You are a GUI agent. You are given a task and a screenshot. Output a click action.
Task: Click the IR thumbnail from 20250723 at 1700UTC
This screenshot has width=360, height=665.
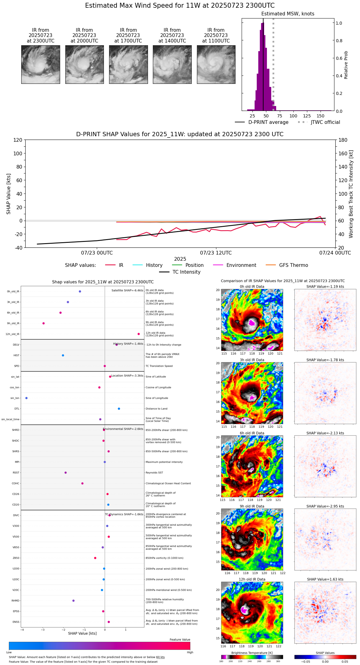click(x=128, y=64)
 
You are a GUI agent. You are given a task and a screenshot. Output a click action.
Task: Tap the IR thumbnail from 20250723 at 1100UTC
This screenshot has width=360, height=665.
click(x=216, y=64)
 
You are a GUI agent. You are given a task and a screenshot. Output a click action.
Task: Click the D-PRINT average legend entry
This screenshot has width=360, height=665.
click(x=262, y=122)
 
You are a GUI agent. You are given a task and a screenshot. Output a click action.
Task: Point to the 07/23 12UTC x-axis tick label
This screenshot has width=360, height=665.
click(x=216, y=253)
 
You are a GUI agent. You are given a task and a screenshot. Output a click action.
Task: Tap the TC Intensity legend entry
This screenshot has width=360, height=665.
click(x=180, y=272)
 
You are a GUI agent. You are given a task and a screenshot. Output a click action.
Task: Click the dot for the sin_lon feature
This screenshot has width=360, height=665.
click(x=27, y=398)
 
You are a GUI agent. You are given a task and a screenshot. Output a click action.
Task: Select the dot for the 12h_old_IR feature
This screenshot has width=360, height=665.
click(x=139, y=334)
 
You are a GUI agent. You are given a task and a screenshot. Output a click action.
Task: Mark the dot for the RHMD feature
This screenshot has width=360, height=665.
click(x=73, y=601)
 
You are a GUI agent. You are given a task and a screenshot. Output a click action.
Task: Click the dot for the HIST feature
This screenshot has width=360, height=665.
click(x=63, y=355)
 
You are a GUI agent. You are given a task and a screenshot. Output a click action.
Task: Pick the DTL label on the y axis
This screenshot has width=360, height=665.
click(x=17, y=409)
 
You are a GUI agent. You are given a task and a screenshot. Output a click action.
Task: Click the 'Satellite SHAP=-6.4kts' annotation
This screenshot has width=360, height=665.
click(x=127, y=291)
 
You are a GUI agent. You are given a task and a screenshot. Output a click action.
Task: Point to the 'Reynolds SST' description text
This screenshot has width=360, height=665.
click(x=154, y=473)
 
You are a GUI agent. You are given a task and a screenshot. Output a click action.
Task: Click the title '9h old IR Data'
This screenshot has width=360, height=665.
click(x=252, y=506)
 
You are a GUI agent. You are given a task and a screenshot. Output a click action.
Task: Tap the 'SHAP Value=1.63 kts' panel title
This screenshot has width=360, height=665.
click(x=325, y=579)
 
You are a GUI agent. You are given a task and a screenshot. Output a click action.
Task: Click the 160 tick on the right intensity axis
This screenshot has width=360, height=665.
click(x=343, y=153)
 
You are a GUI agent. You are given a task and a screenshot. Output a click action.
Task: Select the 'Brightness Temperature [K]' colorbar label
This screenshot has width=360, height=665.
click(x=252, y=653)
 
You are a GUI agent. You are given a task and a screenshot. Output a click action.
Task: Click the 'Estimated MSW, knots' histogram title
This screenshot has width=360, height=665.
click(x=288, y=14)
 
